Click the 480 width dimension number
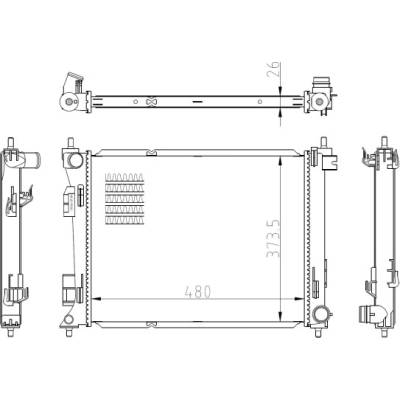coord(198,292)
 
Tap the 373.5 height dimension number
coord(273,238)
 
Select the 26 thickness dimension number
coord(273,69)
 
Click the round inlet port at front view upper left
coord(75,160)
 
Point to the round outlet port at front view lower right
coord(321,313)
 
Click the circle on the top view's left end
coord(69,101)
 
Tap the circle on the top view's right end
coord(319,100)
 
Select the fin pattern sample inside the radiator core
coord(124,199)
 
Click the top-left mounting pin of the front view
coord(70,143)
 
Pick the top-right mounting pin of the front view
coord(323,142)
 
